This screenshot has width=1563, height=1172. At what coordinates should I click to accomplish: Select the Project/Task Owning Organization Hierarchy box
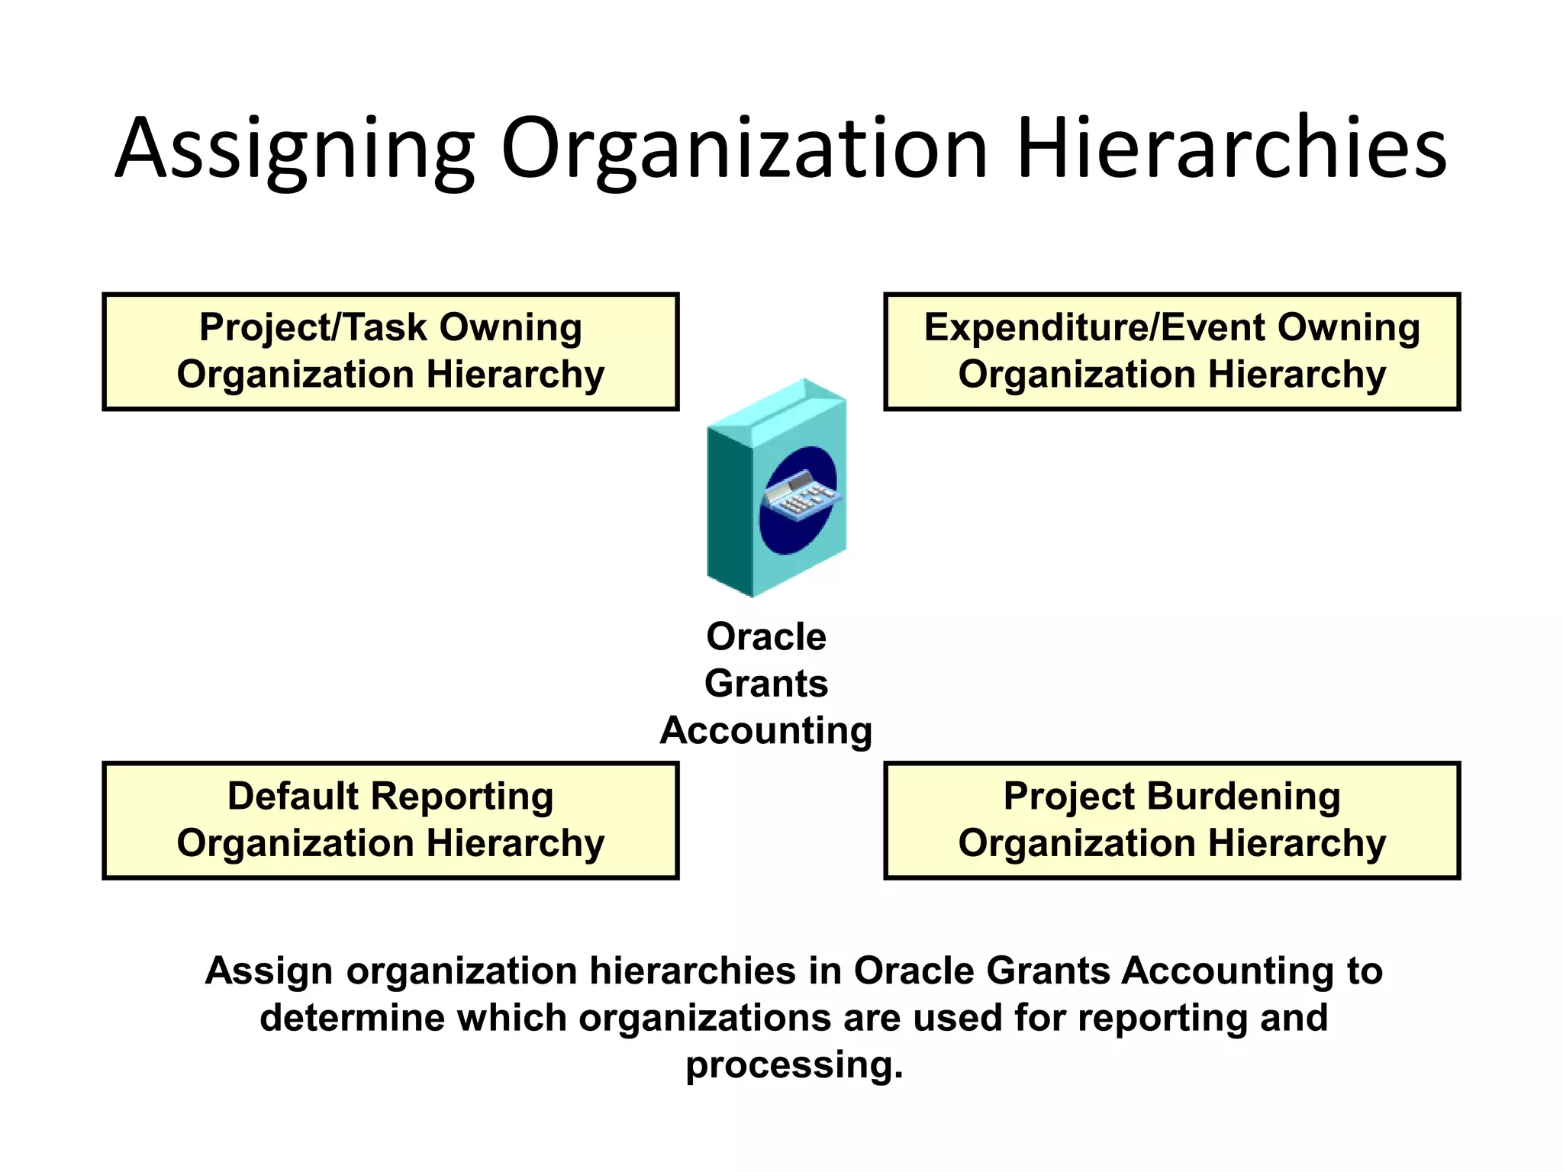pyautogui.click(x=390, y=352)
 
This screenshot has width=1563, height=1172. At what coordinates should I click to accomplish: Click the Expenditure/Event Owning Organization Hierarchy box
pyautogui.click(x=1171, y=352)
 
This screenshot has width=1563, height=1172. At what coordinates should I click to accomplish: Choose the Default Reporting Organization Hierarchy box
pyautogui.click(x=390, y=820)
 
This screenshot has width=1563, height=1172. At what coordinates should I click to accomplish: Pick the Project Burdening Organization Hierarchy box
pyautogui.click(x=1171, y=820)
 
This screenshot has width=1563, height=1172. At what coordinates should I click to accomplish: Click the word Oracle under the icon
pyautogui.click(x=765, y=636)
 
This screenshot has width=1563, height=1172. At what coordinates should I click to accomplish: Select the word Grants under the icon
pyautogui.click(x=765, y=684)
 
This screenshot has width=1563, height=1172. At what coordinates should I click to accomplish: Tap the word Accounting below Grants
pyautogui.click(x=765, y=731)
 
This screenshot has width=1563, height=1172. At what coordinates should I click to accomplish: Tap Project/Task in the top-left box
pyautogui.click(x=313, y=327)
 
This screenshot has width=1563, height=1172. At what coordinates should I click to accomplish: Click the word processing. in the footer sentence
pyautogui.click(x=794, y=1065)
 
